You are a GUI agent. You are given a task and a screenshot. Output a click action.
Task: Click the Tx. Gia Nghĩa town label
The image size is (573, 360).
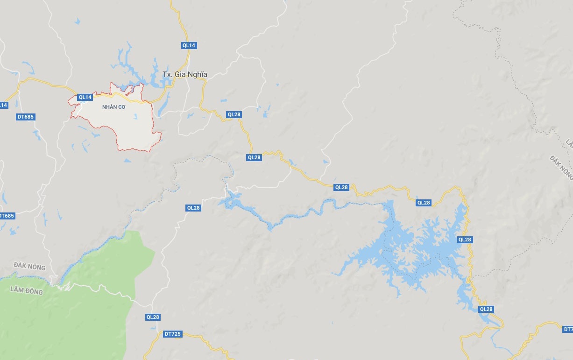[x=184, y=75]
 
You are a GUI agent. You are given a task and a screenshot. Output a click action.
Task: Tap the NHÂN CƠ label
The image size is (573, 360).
[x=114, y=107]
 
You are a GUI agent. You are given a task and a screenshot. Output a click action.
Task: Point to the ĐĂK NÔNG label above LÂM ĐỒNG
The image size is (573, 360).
[x=29, y=267]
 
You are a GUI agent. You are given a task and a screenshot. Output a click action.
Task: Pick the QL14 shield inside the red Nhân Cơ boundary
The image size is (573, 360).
[x=85, y=97]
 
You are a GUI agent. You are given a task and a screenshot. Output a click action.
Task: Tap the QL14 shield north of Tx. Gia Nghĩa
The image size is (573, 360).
[x=189, y=45]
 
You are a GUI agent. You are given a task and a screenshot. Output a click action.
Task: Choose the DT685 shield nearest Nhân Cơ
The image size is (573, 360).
[x=26, y=117]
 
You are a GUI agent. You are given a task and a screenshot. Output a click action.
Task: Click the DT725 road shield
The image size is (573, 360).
[x=172, y=334]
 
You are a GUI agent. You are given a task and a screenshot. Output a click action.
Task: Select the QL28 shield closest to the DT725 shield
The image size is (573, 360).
[x=153, y=317]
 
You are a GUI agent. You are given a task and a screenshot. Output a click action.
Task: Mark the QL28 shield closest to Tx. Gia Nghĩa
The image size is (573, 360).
[x=234, y=114]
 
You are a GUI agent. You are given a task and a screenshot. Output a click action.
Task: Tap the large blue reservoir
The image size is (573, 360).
[x=411, y=252]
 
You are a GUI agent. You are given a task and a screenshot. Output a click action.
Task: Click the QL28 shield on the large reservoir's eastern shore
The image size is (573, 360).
[x=465, y=240]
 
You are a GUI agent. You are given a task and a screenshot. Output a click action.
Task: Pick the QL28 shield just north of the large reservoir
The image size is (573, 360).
[x=424, y=203]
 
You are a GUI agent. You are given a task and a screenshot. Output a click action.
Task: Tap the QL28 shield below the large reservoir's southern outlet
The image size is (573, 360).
[x=486, y=309]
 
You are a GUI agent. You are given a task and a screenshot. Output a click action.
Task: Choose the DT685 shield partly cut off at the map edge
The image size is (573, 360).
[x=7, y=216]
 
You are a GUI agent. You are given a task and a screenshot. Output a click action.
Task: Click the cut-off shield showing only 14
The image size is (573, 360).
[x=3, y=105]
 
